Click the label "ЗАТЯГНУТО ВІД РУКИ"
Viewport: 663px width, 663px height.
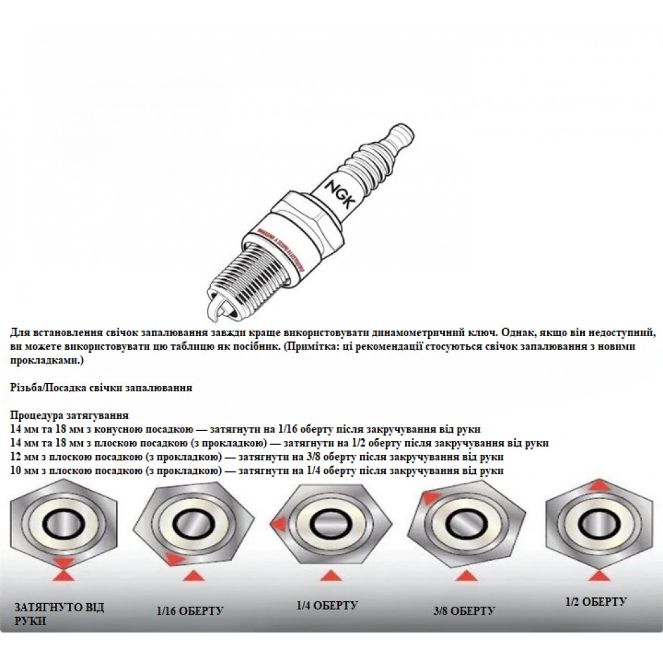[58, 614]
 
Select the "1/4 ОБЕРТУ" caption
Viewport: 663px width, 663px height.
[327, 605]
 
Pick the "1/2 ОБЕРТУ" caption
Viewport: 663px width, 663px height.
[595, 601]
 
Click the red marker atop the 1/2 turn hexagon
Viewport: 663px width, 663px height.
[598, 485]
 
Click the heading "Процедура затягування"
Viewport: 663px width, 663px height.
[70, 415]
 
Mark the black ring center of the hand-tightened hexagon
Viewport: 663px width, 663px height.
[64, 524]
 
